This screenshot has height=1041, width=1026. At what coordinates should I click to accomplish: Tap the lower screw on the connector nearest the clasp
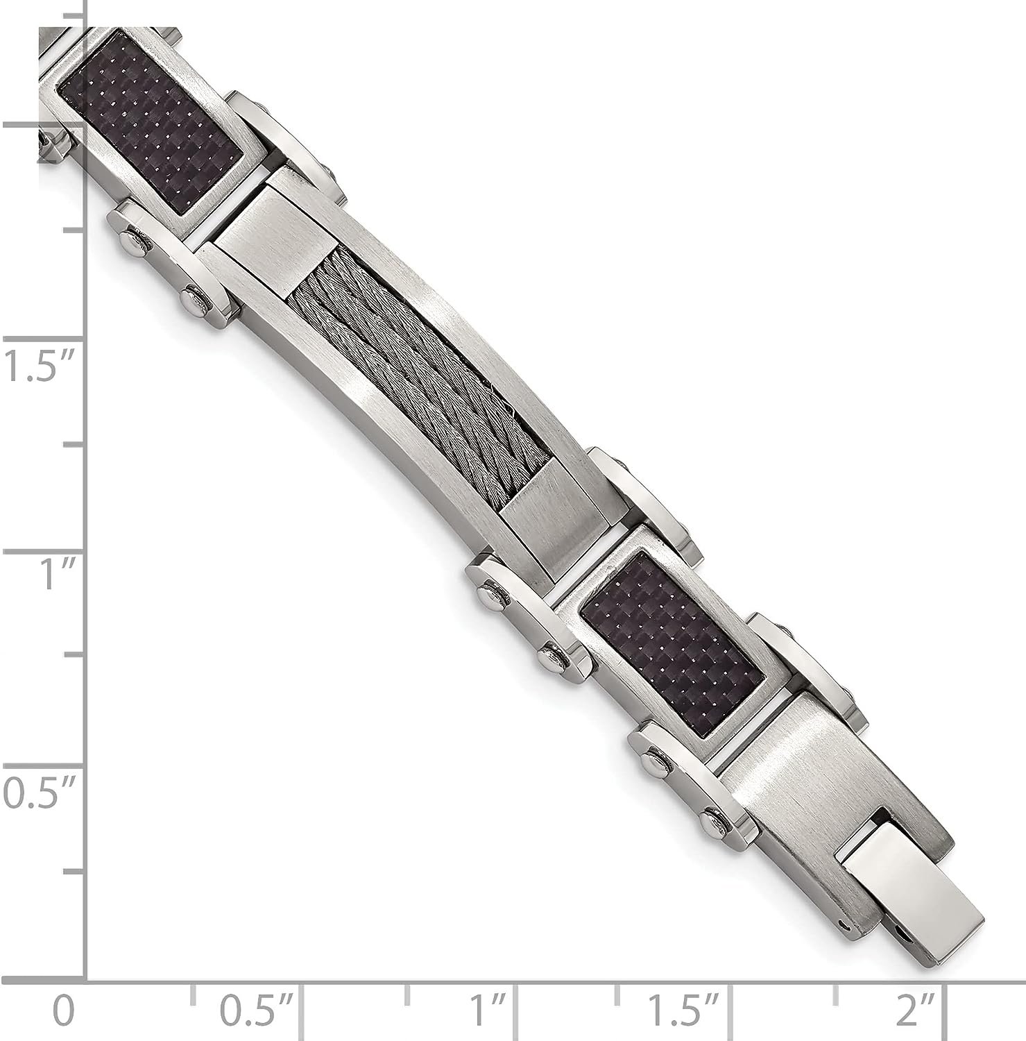[x=712, y=822]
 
